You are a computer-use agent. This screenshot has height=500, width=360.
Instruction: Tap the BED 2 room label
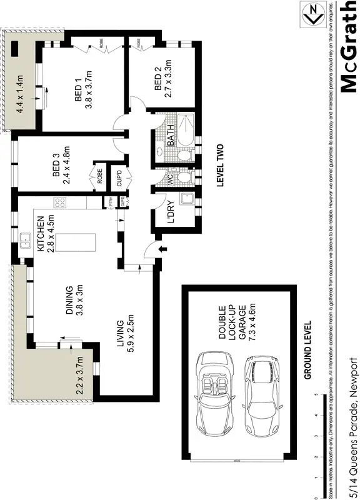(158, 82)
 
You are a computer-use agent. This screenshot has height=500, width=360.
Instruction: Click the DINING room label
(70, 301)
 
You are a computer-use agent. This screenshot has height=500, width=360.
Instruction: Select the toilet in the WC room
(182, 178)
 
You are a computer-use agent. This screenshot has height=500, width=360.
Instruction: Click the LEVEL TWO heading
(220, 166)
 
